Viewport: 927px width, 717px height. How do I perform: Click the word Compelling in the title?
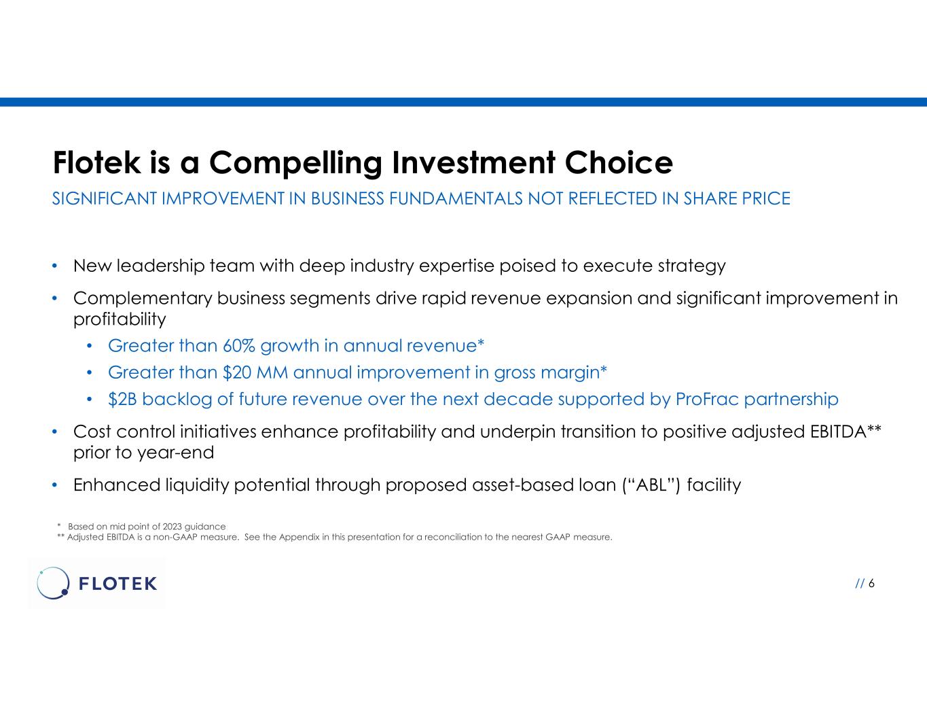295,164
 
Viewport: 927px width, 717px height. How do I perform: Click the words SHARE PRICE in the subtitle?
737,199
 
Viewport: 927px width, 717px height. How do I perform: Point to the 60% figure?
239,346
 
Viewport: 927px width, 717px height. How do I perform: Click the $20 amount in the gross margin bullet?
237,372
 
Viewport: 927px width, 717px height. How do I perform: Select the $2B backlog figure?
122,400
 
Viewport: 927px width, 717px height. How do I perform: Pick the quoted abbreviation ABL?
651,485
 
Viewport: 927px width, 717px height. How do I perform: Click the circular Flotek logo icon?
53,583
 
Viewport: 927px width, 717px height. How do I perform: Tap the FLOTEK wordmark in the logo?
117,583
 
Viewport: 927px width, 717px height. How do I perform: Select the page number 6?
871,583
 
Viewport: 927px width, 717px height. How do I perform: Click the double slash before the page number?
860,583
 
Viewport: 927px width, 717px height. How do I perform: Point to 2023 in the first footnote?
172,527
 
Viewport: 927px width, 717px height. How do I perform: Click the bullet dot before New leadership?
54,266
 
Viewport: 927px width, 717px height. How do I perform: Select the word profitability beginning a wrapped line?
120,319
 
